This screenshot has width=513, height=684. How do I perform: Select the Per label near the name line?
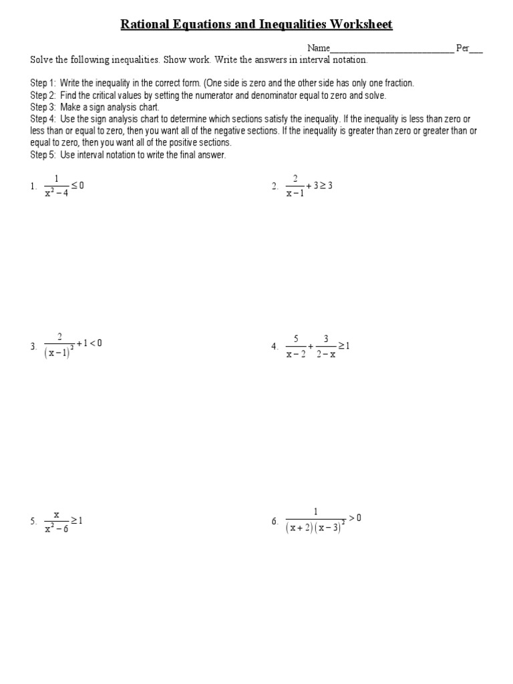pos(462,48)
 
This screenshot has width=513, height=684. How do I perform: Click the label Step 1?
pos(43,83)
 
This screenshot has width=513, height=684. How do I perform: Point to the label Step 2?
pos(43,95)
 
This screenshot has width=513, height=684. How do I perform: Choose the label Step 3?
pos(43,107)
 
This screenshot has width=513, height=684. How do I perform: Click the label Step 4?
pos(43,119)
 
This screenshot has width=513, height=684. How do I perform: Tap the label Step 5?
pos(43,155)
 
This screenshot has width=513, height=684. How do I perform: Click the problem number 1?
pos(33,187)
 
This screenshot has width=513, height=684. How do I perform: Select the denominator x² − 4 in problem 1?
pos(57,194)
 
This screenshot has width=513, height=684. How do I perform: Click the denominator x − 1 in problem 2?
pos(295,194)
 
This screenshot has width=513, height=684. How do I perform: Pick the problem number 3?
pos(33,346)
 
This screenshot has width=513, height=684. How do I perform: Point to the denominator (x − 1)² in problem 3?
pos(59,353)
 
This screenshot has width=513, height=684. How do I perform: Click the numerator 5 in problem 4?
pos(295,339)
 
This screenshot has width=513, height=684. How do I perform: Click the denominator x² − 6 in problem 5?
pos(57,530)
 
